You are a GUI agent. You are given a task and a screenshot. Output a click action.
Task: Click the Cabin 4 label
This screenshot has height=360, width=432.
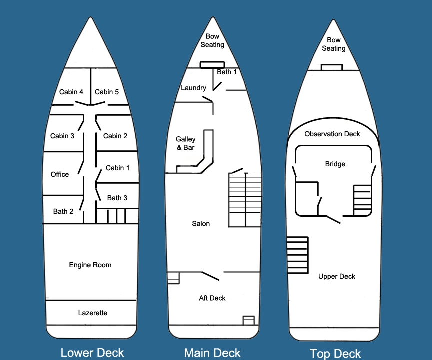point(71,92)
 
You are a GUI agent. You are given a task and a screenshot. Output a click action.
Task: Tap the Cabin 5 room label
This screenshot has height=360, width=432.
point(107,92)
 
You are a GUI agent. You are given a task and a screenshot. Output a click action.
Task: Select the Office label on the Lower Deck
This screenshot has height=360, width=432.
point(60,174)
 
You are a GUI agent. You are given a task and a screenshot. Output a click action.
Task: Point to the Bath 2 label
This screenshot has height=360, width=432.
point(63,211)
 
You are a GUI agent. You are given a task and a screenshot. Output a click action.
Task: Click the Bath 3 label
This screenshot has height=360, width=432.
point(117,198)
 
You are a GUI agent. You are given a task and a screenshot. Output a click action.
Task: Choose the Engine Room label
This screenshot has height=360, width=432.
point(90,265)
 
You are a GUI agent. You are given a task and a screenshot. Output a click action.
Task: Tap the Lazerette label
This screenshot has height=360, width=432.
point(93,313)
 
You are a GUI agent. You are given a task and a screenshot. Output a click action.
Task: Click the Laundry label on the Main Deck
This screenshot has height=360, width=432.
point(193,88)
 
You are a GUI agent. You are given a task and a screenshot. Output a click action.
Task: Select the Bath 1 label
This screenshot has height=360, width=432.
point(227,72)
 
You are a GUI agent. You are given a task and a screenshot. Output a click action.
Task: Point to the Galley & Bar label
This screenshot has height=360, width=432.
point(186,143)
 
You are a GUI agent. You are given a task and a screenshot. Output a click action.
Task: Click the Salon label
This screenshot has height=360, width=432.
point(201,224)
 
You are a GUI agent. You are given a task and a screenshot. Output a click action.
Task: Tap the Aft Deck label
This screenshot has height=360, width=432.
point(212,298)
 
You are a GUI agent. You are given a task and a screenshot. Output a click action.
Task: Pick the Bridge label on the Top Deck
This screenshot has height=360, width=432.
point(335,164)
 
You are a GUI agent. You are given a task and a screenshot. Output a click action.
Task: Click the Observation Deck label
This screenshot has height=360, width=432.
point(332,134)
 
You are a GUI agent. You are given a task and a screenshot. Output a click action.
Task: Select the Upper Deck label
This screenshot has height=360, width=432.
point(337,277)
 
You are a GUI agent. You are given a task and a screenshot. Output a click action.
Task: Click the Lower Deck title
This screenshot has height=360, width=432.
point(92,353)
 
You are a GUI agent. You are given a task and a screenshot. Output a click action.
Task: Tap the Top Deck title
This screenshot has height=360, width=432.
point(335,354)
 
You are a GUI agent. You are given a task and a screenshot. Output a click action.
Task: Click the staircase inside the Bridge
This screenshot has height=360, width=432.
point(362,200)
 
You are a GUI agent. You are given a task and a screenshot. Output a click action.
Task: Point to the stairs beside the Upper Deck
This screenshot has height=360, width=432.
point(297,255)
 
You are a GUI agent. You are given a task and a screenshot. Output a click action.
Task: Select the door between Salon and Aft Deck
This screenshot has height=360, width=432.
point(210,276)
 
